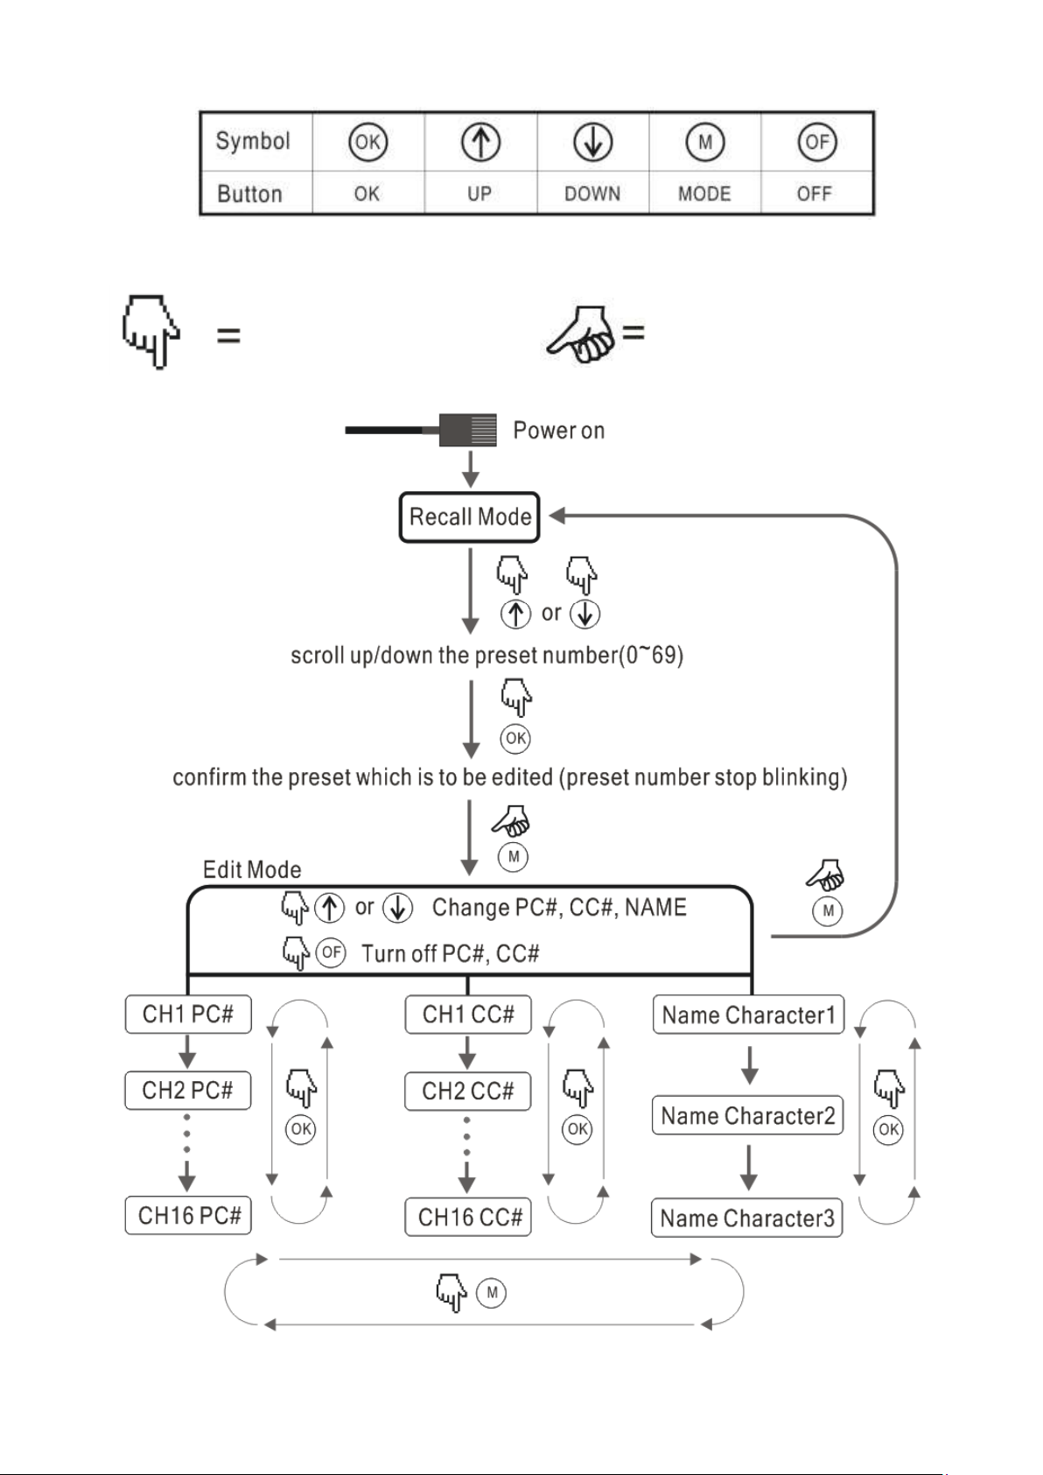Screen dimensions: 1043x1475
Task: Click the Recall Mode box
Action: pos(469,517)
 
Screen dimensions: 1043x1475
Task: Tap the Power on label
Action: pos(558,431)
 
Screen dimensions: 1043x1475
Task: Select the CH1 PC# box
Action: pos(188,1014)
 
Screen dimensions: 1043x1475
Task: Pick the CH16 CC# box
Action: pos(468,1217)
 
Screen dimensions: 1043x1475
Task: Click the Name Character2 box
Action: pos(747,1115)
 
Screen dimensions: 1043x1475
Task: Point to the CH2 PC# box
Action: pos(188,1091)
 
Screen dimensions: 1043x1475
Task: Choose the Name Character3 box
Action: pos(747,1219)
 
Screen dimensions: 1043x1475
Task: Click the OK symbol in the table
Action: pos(367,142)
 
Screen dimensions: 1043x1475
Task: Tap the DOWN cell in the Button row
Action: pos(592,193)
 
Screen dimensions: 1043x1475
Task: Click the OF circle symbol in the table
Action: pos(817,142)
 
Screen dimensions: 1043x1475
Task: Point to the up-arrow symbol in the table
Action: pos(480,142)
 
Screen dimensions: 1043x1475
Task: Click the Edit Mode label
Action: pos(252,870)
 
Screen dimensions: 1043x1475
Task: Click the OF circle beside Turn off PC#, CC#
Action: pos(331,952)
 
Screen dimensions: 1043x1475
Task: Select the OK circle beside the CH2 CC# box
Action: pos(577,1129)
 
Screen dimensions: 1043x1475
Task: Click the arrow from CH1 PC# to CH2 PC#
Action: pos(187,1051)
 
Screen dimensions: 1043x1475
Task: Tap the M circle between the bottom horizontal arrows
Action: pos(492,1292)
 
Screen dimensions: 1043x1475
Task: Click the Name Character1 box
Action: pos(749,1015)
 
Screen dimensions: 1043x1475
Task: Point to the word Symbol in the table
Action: pos(253,141)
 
